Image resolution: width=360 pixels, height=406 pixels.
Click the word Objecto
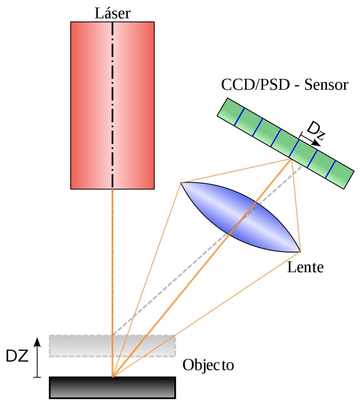pyautogui.click(x=208, y=365)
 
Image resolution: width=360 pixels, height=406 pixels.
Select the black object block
pyautogui.click(x=112, y=387)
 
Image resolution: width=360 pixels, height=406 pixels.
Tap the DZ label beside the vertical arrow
pyautogui.click(x=17, y=356)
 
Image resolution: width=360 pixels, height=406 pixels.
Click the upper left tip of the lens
pyautogui.click(x=181, y=183)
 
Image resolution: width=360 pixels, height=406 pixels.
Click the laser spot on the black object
pyautogui.click(x=113, y=377)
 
